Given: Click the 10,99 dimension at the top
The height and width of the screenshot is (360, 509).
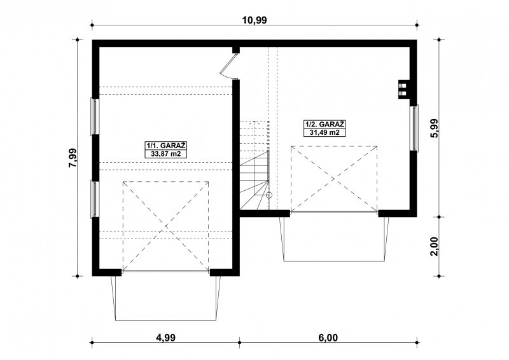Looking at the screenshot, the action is coord(254,20).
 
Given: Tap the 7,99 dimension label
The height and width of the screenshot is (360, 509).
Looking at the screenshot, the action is coord(73,158).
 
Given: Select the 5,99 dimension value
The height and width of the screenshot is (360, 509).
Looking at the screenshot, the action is coord(434,128).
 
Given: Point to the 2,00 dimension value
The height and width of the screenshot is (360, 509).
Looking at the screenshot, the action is coord(434,246).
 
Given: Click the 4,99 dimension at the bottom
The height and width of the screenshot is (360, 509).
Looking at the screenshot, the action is coord(165,338).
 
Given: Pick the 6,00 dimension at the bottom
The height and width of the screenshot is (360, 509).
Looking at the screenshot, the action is coord(328,338).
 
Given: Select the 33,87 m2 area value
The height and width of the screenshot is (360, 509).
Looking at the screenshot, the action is coord(166,154).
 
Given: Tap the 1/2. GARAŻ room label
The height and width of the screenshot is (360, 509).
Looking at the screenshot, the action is coord(324,124).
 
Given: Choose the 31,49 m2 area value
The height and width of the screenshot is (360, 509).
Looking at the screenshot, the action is coord(324,132).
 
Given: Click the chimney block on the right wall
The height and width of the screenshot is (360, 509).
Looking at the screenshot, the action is coord(403,89).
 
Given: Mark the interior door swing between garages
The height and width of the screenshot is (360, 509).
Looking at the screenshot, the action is coord(230,66).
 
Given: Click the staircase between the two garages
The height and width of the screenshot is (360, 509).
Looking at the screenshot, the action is coord(254,165).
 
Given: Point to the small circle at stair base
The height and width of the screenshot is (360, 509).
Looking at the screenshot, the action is coord(268,195).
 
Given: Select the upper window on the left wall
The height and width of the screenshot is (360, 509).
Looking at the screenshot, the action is coord(94,116).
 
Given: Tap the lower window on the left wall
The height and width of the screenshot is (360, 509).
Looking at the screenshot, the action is coord(94,199).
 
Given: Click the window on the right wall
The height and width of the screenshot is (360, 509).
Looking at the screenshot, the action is coord(415,128).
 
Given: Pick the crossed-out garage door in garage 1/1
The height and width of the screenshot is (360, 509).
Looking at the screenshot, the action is coord(165,226).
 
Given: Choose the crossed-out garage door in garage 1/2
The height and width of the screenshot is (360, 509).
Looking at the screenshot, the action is coord(334,179).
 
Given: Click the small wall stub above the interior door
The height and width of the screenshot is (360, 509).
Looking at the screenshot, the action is coord(236,50).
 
